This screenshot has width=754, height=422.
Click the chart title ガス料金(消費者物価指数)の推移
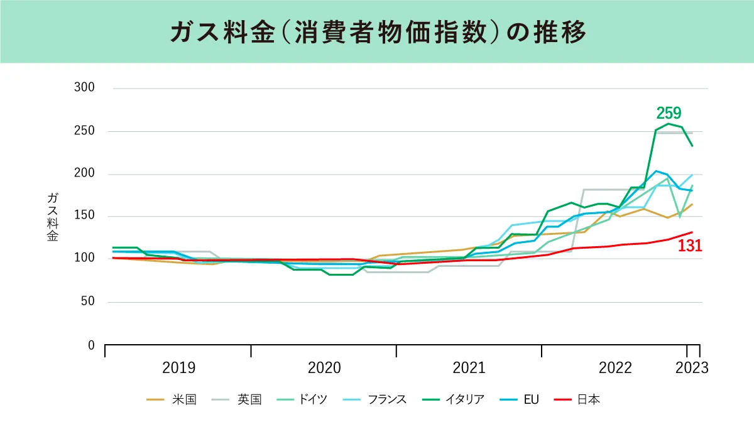click(x=377, y=32)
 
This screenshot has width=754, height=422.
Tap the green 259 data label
click(x=669, y=113)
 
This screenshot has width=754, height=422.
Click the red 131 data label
click(x=689, y=247)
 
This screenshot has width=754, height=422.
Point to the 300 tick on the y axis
click(x=84, y=88)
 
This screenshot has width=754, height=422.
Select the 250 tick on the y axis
click(x=84, y=131)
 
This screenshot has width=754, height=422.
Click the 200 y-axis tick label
click(x=84, y=174)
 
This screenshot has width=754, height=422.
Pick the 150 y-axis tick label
click(x=84, y=216)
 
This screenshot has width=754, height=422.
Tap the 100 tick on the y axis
click(x=84, y=259)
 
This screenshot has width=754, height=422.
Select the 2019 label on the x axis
click(x=178, y=368)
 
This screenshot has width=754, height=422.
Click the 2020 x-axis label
click(x=324, y=368)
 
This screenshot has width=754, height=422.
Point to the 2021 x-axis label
click(x=469, y=368)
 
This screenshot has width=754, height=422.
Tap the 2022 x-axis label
click(x=615, y=368)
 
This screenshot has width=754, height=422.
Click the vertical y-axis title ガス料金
click(x=53, y=217)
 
